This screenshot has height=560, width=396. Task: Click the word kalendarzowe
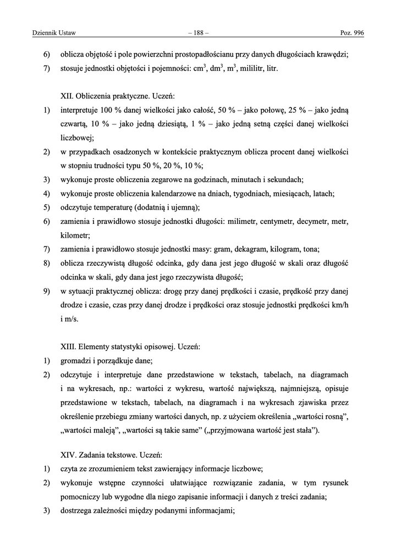pyautogui.click(x=156, y=194)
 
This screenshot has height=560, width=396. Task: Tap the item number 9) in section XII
pyautogui.click(x=47, y=291)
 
